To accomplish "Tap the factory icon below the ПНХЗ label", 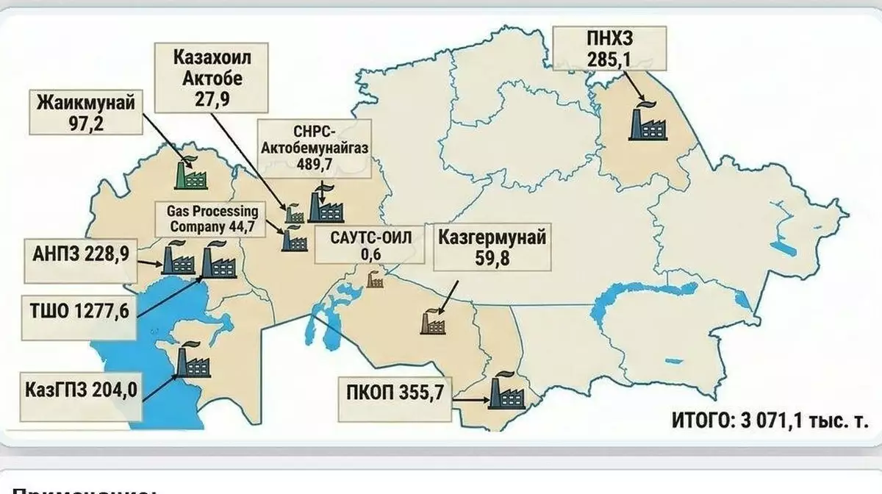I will [647, 122].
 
